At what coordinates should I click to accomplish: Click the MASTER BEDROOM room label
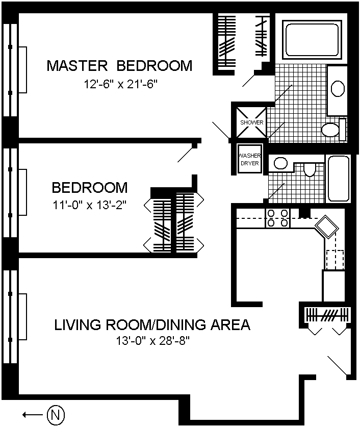point(119,66)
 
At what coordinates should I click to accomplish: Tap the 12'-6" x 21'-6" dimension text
point(120,84)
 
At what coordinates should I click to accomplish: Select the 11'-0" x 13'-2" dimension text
point(90,205)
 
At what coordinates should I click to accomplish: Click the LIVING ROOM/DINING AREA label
point(152,324)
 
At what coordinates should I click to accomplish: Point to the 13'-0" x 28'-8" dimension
point(152,341)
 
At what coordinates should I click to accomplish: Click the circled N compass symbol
point(56,415)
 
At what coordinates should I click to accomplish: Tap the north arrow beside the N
point(33,415)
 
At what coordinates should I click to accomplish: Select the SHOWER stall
point(251,122)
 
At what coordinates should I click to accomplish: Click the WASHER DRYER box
point(249,159)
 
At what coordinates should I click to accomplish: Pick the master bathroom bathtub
point(312,39)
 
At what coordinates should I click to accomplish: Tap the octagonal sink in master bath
point(338,88)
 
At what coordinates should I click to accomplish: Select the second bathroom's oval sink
point(280,163)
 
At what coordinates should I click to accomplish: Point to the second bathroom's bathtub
point(339,179)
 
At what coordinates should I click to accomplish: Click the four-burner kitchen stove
point(277,218)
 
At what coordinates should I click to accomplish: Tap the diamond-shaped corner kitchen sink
point(327,227)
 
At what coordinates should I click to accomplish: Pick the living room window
point(11,317)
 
